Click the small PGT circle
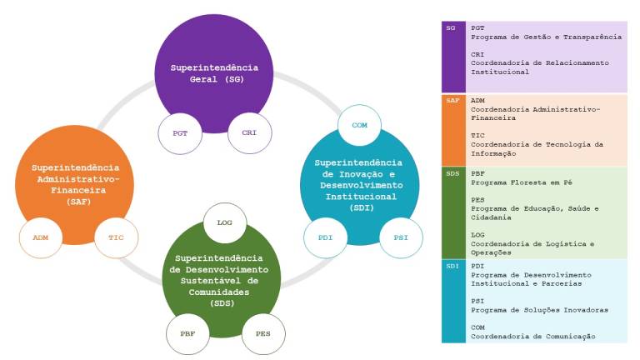point(180,132)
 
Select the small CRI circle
point(249,132)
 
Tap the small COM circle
point(359,125)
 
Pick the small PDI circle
point(325,237)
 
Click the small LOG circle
point(224,222)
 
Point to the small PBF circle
point(187,333)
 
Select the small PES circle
point(263,333)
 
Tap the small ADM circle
point(41,237)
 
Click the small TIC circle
point(116,237)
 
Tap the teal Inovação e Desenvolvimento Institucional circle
point(358,183)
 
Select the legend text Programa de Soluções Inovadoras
point(539,310)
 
